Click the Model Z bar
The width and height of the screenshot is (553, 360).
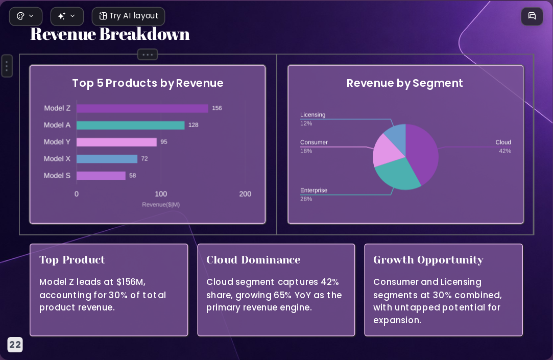pos(142,108)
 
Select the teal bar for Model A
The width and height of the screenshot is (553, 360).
pos(131,125)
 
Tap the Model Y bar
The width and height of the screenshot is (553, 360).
pos(116,142)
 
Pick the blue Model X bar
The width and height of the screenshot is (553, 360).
pos(107,159)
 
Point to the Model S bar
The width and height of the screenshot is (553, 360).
pos(101,176)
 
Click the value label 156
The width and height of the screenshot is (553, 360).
pos(217,108)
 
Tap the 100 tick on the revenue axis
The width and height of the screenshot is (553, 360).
pos(161,194)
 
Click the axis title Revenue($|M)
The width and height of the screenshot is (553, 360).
pos(161,204)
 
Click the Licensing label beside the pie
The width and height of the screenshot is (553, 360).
pos(313,114)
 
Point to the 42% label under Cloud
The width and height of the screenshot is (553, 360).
pos(505,151)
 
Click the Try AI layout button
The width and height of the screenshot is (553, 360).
pos(128,16)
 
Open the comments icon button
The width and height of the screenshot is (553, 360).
pos(532,16)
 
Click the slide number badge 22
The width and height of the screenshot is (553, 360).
pos(15,345)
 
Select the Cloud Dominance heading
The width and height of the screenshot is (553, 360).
pos(253,260)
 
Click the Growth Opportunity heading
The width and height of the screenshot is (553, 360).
pos(428,260)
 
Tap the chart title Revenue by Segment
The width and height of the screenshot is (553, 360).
pos(404,83)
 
